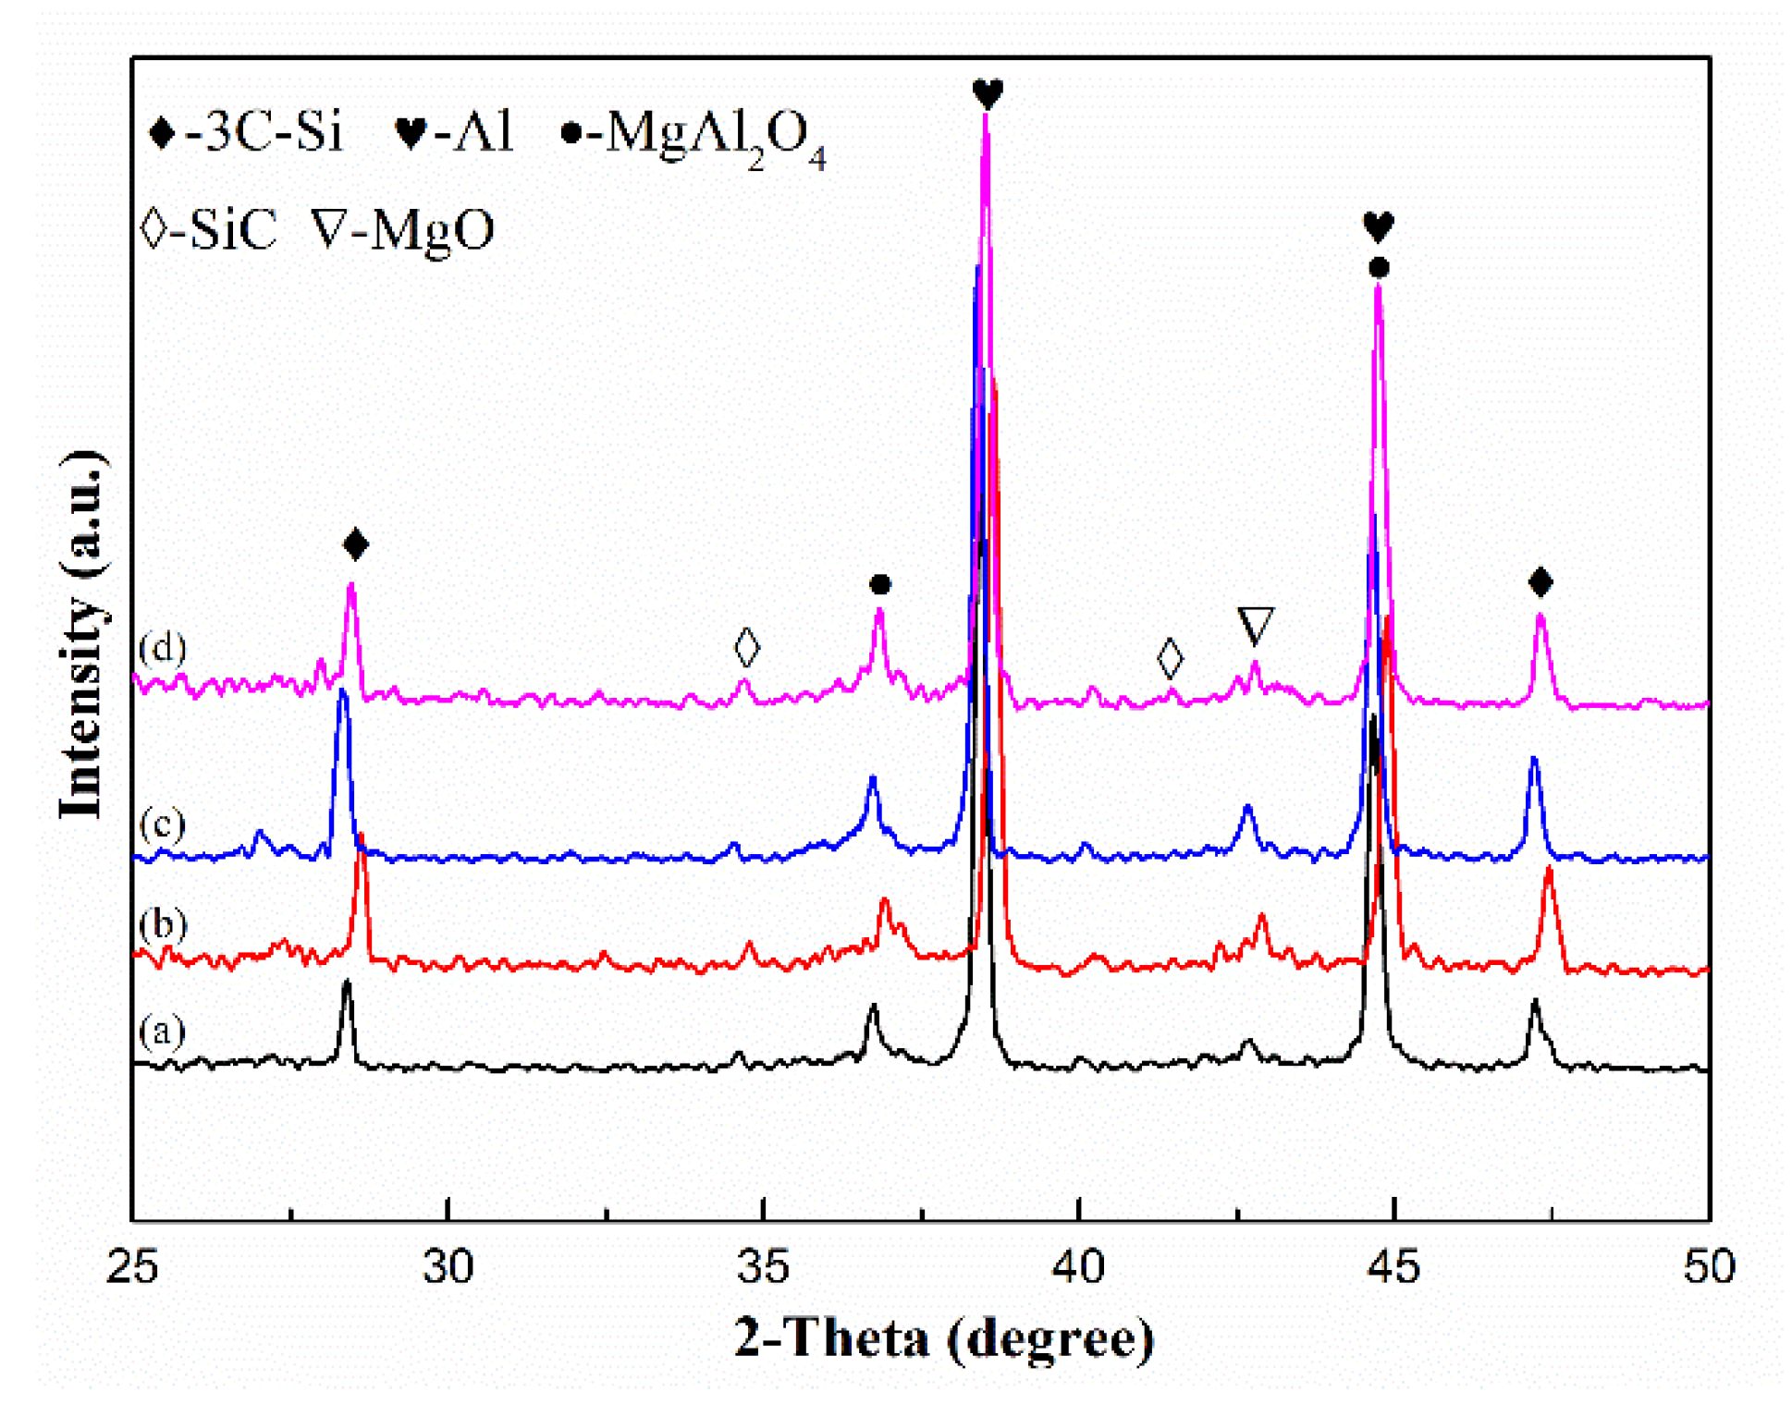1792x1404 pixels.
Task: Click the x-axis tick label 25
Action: pos(131,1267)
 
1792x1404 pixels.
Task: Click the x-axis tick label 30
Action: pos(448,1267)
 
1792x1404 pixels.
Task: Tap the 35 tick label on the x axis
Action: pos(763,1267)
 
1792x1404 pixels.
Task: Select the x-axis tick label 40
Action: pos(1078,1267)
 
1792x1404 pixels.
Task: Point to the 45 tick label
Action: pos(1393,1267)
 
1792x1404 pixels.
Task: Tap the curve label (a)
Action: pos(163,1030)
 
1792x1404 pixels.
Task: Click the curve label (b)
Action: pos(163,923)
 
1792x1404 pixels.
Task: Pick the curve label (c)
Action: pos(163,822)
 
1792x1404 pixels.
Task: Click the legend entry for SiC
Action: pos(210,229)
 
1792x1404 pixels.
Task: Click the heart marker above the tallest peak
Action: pos(988,92)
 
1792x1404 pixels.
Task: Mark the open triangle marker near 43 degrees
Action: pos(1255,625)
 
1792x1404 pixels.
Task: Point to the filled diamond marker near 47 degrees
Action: pos(1540,581)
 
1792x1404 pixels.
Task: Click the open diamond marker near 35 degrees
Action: pos(746,647)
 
